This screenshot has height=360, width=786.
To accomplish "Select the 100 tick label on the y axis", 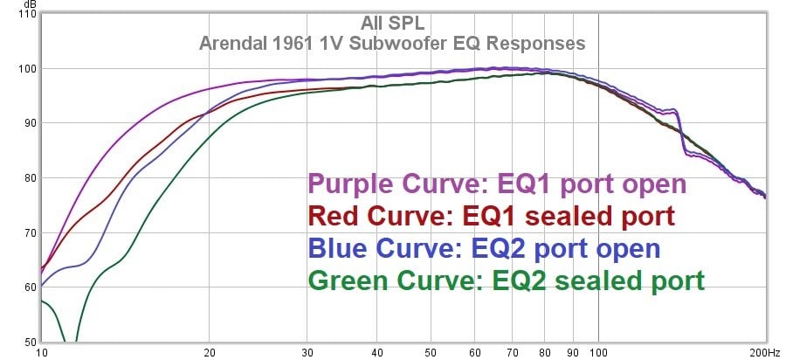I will click(26, 69).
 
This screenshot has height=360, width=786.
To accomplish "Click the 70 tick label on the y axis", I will click(28, 233).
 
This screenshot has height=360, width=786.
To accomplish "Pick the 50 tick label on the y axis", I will click(28, 342).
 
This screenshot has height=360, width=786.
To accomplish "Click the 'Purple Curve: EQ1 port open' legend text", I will click(497, 184).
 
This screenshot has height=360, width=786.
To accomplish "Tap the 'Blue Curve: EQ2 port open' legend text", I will click(483, 248).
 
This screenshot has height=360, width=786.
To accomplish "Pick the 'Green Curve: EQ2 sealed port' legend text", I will click(505, 280).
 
